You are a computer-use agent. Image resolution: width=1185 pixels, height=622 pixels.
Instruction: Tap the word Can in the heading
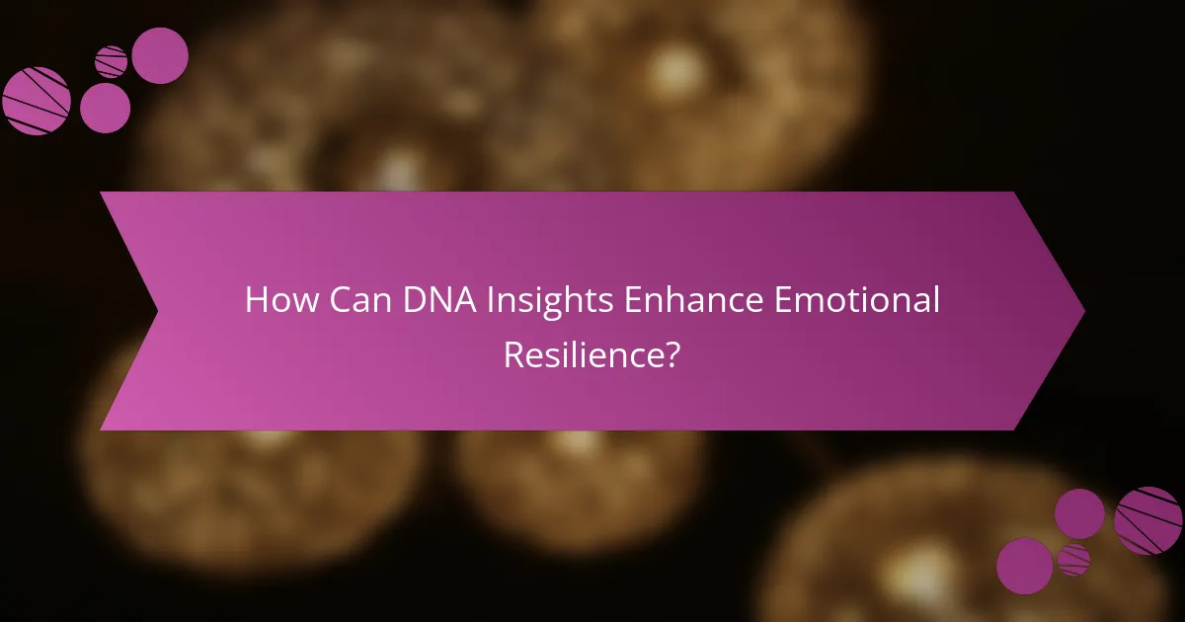[x=349, y=301]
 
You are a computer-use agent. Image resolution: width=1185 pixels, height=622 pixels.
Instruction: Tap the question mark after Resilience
[x=671, y=353]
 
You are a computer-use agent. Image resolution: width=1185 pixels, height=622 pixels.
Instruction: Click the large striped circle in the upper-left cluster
[x=37, y=101]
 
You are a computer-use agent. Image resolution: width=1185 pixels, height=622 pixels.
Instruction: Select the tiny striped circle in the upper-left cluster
[x=111, y=61]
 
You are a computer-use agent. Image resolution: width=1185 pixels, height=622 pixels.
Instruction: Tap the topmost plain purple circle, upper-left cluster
[x=160, y=55]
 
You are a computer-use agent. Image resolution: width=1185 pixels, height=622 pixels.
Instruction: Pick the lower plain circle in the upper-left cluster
[x=105, y=108]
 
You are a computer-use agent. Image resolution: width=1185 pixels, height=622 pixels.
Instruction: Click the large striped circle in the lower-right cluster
[x=1147, y=520]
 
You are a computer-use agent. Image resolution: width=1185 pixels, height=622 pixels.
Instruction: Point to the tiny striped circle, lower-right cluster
[x=1073, y=560]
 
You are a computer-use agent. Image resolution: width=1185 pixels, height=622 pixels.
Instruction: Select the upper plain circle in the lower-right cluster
[x=1079, y=513]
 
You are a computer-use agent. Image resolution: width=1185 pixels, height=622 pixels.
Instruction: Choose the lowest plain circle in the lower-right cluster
[x=1024, y=566]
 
